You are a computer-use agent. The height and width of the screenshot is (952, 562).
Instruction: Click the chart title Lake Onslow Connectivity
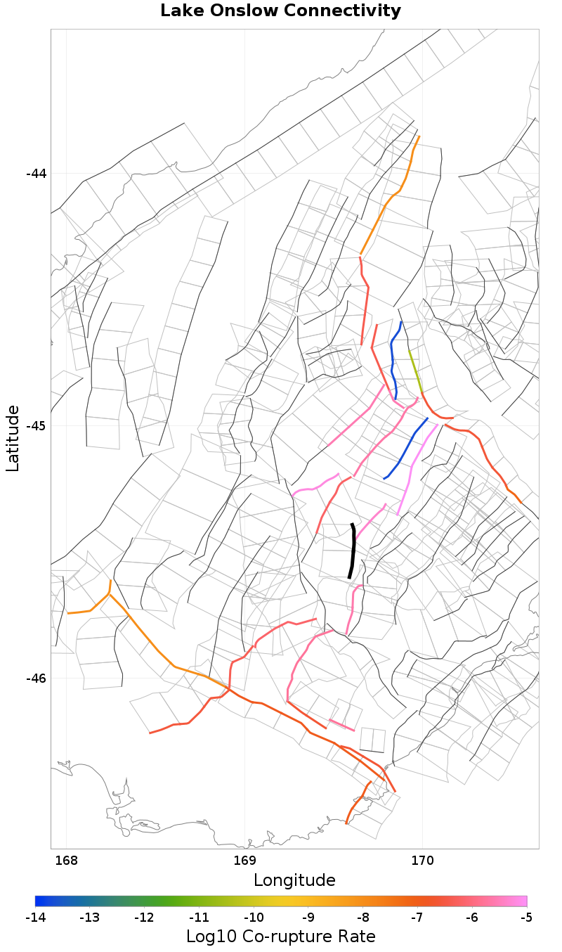280,11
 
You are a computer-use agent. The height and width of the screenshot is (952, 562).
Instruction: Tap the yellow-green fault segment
415,369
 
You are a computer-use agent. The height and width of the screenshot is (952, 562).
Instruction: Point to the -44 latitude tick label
36,174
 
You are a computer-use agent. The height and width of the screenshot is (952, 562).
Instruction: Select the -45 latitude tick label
36,426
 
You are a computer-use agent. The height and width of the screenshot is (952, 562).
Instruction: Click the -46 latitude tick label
36,678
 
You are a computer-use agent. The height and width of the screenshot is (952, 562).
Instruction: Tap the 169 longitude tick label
244,861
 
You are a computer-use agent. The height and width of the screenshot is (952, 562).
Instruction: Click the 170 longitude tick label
422,861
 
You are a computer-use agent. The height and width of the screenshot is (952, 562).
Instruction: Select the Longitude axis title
294,880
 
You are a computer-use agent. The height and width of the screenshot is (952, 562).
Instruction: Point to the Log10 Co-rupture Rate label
280,937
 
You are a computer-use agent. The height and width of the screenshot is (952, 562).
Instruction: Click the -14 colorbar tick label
36,918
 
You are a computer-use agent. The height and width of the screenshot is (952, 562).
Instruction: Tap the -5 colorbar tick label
526,918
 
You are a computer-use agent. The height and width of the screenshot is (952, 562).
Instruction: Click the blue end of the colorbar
39,901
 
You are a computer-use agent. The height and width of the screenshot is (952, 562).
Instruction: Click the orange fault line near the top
394,197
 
